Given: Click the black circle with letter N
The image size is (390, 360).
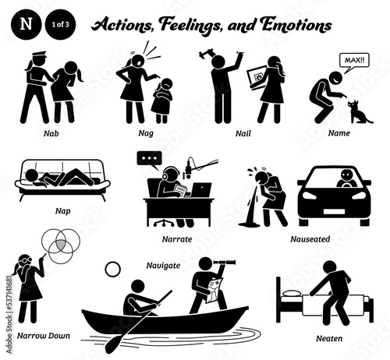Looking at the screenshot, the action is coord(27,24).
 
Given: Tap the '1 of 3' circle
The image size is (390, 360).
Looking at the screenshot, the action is coord(60,24).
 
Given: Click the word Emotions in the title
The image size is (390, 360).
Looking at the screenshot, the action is coord(296,25).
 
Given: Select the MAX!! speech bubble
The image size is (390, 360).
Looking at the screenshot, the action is coord(354,62).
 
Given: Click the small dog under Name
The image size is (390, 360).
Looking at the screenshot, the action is coord(358,112).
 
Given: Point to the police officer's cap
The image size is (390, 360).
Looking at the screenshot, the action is coord(38,55).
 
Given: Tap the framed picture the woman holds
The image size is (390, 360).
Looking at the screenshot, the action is coord(257,77).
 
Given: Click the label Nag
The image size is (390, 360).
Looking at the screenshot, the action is coord(146,133).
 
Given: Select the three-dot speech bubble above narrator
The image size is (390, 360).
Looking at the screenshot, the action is coord(150,159).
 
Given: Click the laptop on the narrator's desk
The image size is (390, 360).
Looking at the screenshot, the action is coord(200,190).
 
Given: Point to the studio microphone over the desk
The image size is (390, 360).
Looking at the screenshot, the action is coord(188,170).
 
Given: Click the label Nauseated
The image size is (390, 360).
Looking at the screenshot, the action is coord(310,238).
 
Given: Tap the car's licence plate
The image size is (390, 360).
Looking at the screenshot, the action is coord(334,212).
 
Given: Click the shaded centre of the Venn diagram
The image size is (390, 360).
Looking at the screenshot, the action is coord(61,245).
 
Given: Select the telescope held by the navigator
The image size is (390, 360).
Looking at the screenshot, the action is coord(225,263).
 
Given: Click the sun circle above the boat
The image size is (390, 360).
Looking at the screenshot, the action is coord(113,270).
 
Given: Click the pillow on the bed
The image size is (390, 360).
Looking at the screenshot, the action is coord(292,294).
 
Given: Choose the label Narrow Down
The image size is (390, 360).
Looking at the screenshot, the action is coord(44,336).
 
